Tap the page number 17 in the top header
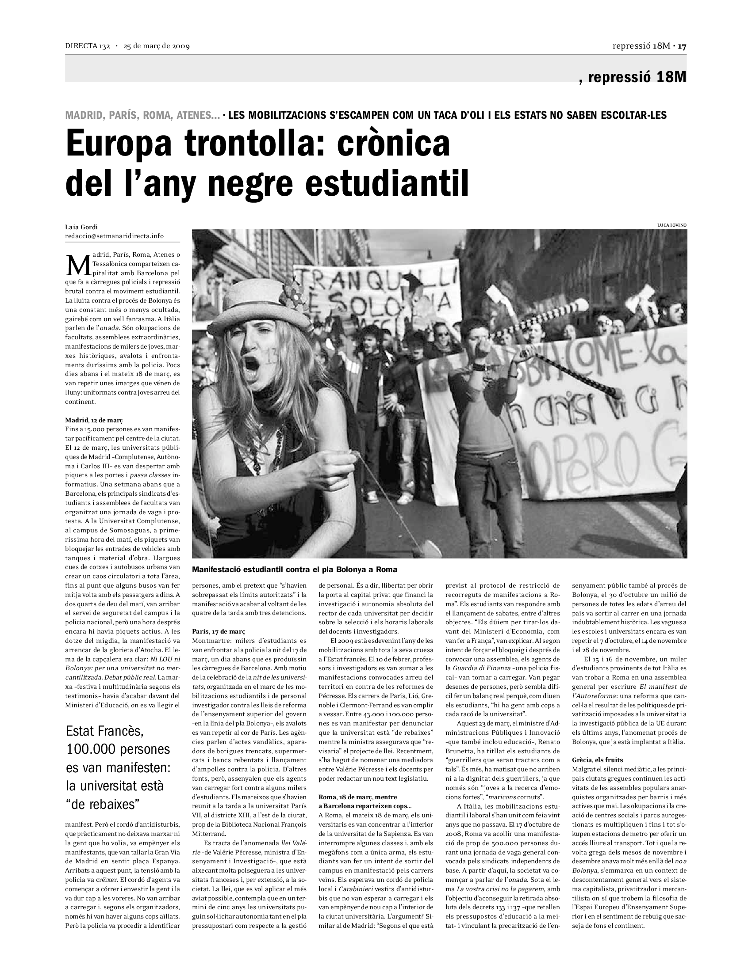[683, 46]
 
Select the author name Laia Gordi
[81, 228]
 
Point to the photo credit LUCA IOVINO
[672, 225]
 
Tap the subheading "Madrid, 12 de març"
[93, 420]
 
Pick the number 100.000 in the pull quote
[92, 749]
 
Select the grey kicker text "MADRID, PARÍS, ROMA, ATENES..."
[142, 115]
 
